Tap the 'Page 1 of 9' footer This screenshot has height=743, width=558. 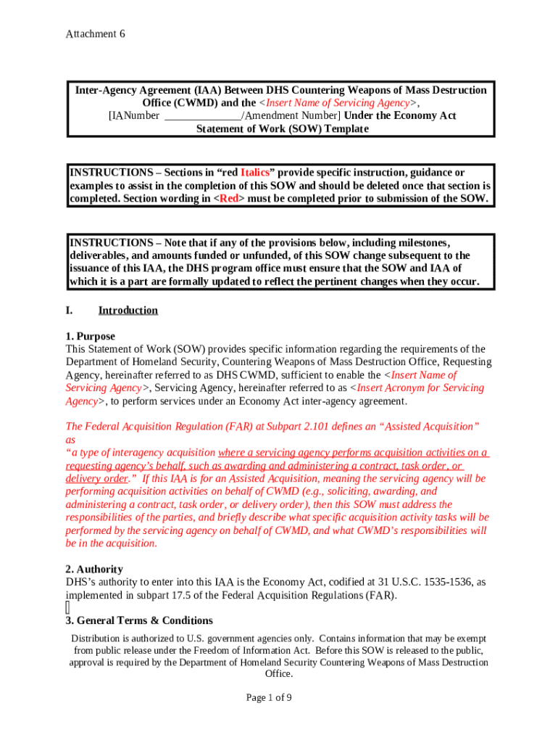coord(269,698)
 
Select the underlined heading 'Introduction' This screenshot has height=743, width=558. coord(128,311)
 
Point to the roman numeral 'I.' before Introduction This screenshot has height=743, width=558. coord(70,311)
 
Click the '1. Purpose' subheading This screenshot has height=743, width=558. coord(90,337)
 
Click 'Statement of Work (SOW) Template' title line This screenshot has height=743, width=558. coord(283,129)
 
